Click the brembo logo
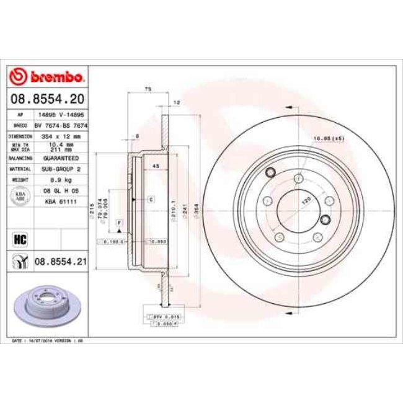(48, 77)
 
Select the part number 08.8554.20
(48, 99)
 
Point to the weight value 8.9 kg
(61, 179)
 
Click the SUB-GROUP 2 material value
(61, 168)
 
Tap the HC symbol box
(19, 237)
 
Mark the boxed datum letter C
(151, 199)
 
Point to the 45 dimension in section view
(156, 166)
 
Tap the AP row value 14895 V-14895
(61, 115)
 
